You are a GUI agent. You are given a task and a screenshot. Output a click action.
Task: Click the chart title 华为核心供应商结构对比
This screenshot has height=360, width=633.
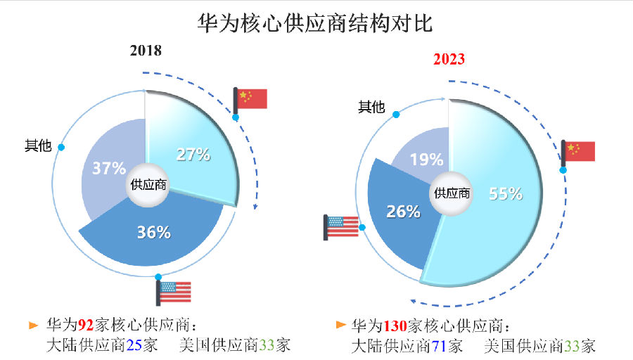pyautogui.click(x=316, y=23)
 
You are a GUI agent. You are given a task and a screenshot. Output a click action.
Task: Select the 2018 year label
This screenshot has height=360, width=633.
pyautogui.click(x=146, y=51)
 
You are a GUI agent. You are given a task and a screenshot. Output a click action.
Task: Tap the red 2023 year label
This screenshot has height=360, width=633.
pyautogui.click(x=448, y=59)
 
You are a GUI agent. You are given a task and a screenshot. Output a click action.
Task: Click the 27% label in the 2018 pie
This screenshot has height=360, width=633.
pyautogui.click(x=193, y=155)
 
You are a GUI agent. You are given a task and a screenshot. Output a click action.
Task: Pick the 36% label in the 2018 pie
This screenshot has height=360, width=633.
pyautogui.click(x=153, y=232)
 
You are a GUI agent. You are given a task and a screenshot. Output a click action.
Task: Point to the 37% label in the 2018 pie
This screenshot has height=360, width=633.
pyautogui.click(x=109, y=168)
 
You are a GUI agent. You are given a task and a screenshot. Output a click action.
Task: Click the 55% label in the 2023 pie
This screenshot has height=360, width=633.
pyautogui.click(x=505, y=194)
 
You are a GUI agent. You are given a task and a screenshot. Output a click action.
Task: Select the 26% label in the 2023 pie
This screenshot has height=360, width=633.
pyautogui.click(x=403, y=211)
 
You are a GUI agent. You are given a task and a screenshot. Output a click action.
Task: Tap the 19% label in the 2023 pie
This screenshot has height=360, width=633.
pyautogui.click(x=426, y=159)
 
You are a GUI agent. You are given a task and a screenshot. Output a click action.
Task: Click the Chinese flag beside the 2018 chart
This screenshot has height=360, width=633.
pyautogui.click(x=251, y=98)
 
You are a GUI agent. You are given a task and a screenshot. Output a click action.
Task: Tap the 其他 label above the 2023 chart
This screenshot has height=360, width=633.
pyautogui.click(x=371, y=107)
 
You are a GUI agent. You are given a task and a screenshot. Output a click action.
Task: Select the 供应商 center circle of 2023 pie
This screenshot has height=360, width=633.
pyautogui.click(x=451, y=193)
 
